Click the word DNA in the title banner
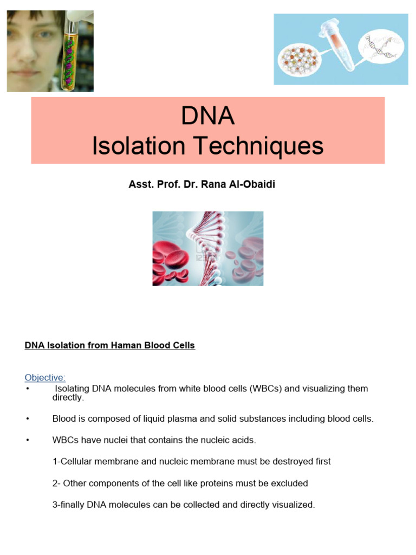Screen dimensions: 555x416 pyautogui.click(x=208, y=115)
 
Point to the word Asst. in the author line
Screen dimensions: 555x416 pyautogui.click(x=139, y=185)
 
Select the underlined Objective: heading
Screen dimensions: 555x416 pyautogui.click(x=45, y=377)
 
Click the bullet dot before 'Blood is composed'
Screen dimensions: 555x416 pyautogui.click(x=27, y=420)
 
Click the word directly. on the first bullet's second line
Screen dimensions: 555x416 pyautogui.click(x=68, y=397)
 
